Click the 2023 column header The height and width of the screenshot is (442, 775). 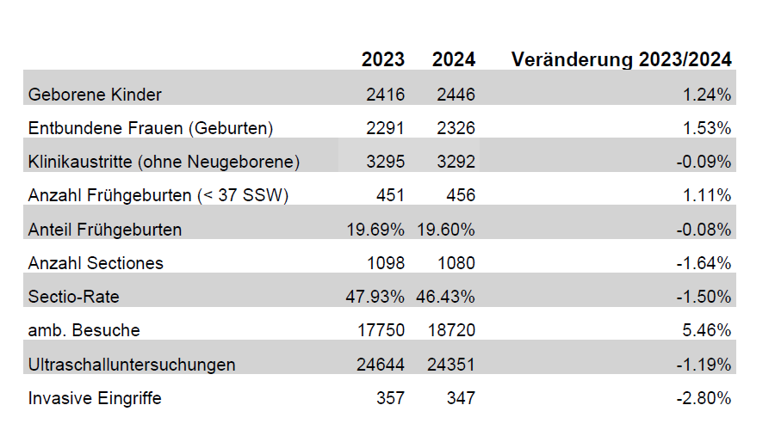[x=382, y=59]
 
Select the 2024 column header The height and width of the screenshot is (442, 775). [x=454, y=59]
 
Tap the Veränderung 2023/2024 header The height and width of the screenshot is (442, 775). [x=621, y=59]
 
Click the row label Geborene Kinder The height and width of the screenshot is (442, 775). [x=95, y=95]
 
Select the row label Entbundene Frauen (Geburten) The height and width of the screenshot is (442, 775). [x=151, y=128]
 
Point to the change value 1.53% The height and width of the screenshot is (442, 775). [x=707, y=128]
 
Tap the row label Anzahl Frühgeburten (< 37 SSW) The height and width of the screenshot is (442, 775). [x=158, y=195]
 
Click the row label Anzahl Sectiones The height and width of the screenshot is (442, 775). [x=96, y=263]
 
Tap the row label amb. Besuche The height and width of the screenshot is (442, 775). [x=84, y=330]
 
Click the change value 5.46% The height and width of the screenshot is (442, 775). [x=707, y=330]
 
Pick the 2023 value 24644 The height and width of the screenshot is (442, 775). [x=380, y=365]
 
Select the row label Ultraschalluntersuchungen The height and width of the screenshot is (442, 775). [x=132, y=365]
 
